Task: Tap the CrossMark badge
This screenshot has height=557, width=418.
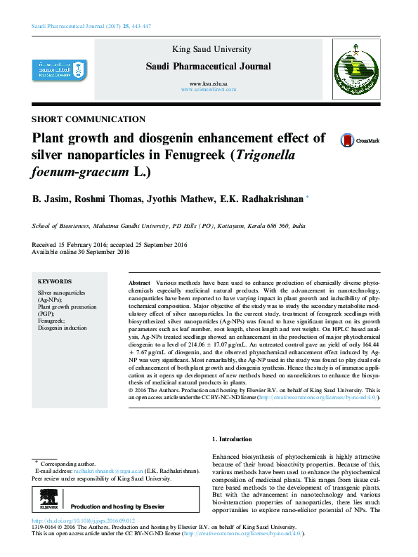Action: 359,140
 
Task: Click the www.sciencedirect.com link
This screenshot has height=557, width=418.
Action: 209,90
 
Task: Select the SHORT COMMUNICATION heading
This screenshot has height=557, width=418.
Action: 89,119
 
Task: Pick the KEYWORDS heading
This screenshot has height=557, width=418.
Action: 54,279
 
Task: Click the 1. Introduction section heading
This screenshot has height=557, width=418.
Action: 232,439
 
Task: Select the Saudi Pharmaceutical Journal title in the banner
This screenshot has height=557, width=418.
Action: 208,67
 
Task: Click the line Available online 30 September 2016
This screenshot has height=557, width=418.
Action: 81,251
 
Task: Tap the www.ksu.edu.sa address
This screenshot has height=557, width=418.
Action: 209,83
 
